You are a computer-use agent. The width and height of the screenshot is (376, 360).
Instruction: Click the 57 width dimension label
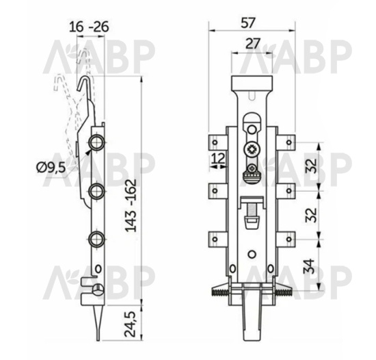(247, 23)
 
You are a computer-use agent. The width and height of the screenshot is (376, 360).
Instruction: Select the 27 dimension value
(253, 43)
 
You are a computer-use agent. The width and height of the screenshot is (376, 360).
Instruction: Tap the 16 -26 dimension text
(89, 27)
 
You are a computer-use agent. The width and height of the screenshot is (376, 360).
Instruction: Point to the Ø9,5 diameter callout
(51, 167)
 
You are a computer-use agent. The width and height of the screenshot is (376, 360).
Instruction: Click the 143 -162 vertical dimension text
(131, 206)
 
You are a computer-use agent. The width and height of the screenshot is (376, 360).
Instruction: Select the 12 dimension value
(219, 158)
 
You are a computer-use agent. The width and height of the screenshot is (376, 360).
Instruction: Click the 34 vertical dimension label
(309, 266)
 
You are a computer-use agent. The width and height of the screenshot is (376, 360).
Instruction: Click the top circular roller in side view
(96, 142)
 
